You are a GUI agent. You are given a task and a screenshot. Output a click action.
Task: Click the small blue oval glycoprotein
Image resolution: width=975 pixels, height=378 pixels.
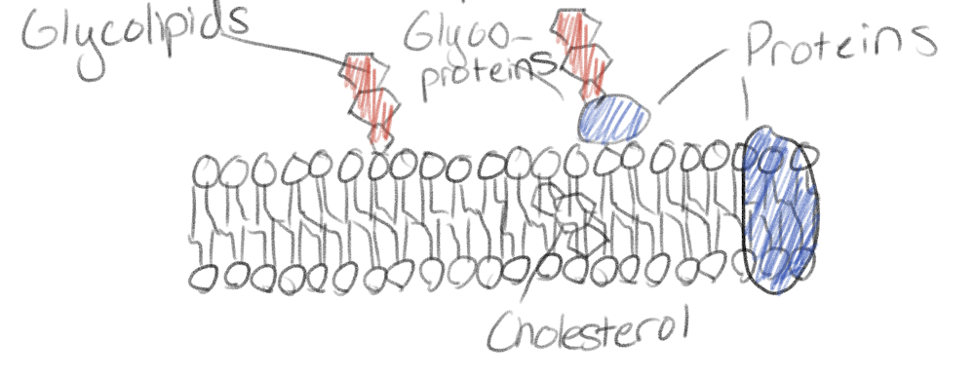click(614, 118)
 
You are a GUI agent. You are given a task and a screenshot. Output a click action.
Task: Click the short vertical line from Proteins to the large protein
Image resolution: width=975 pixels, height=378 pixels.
click(748, 98)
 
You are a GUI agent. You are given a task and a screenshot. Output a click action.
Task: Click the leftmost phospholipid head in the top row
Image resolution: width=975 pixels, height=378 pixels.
click(209, 172)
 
